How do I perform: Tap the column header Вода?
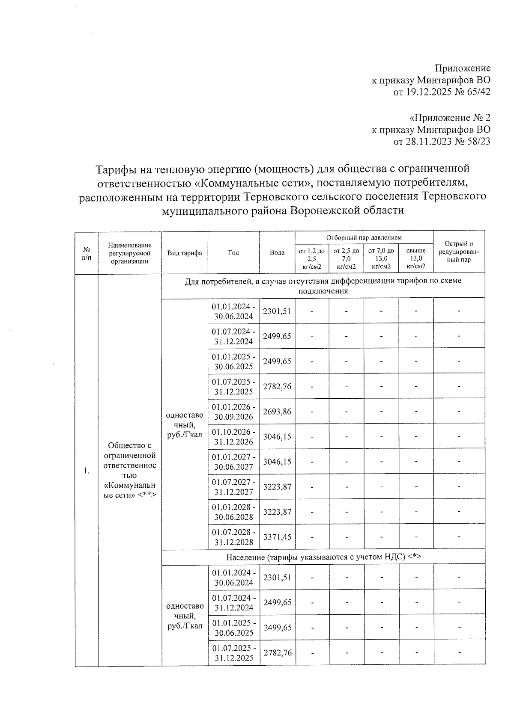coord(277,252)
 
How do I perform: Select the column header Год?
coord(233,252)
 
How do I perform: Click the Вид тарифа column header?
coord(185,252)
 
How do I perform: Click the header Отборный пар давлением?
coord(364,237)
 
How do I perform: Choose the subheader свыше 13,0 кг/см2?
coord(416,258)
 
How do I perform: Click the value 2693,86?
coord(277,412)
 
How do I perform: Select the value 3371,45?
coord(277,537)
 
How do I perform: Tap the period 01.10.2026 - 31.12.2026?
coord(234,437)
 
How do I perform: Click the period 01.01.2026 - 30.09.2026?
coord(234,412)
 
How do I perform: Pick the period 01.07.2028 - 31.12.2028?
coord(234,537)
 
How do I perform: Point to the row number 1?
coord(87,471)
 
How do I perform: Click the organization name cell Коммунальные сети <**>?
coord(130,470)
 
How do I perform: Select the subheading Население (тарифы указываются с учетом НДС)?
coord(323,557)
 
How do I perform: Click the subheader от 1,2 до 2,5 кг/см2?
coord(311,258)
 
